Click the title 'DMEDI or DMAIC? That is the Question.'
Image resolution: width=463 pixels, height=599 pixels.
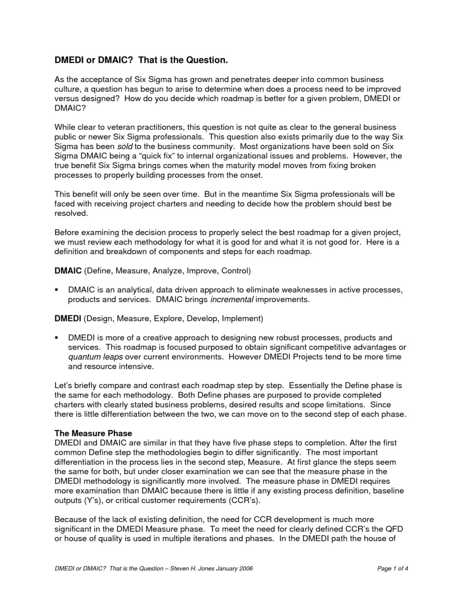(140, 60)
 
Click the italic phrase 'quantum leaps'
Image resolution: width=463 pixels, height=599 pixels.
(95, 357)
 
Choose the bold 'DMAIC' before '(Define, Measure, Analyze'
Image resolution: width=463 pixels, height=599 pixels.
(68, 271)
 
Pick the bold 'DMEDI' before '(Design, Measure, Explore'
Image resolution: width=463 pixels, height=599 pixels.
(68, 318)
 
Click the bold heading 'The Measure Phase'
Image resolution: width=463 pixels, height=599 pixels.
(93, 434)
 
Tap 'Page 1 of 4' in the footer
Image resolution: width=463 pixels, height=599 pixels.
(392, 568)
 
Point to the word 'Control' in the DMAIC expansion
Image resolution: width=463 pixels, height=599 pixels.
(234, 271)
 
